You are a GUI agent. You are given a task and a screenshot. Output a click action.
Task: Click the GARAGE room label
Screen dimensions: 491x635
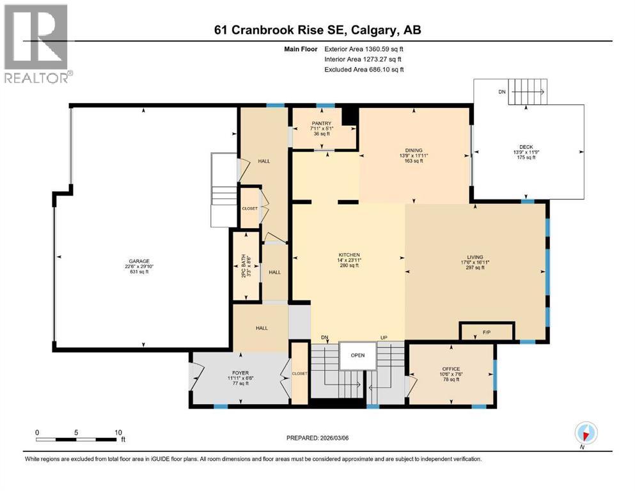(x=139, y=261)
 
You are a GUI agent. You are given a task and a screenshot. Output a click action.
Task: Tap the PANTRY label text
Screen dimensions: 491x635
(x=321, y=123)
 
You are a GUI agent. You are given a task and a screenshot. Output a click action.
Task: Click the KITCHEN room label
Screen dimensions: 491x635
(x=349, y=254)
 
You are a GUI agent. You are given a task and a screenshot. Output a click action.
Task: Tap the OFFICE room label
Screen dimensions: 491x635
(x=451, y=369)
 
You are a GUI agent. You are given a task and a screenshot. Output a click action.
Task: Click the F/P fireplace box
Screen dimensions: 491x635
(x=487, y=332)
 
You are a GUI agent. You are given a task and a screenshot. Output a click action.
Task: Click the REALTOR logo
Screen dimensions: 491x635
(x=37, y=44)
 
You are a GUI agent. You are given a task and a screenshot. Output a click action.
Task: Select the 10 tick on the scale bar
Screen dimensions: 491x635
(x=118, y=432)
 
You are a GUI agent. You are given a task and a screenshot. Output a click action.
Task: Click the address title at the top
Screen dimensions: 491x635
(x=317, y=30)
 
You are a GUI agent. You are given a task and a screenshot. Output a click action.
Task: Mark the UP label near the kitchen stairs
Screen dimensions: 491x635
(x=383, y=337)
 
